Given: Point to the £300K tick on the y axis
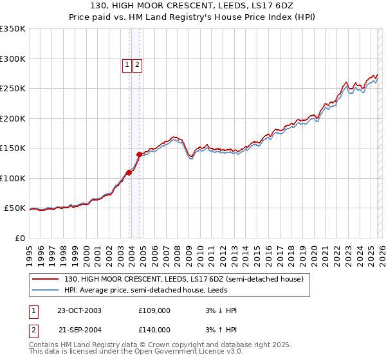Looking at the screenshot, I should pos(13,59).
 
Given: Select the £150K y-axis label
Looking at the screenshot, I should pos(13,148).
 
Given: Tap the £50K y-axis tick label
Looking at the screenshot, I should pos(15,208).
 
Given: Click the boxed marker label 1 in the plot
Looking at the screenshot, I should pos(127,64).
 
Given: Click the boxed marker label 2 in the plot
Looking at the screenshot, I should pos(138,64).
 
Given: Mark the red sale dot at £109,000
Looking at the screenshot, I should pos(129,172).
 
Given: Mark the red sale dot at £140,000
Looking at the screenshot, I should pos(139,154).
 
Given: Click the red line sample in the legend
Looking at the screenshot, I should pos(46,279).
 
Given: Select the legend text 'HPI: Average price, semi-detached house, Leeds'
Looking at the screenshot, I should pos(147,290).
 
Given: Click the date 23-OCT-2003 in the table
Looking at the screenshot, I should pos(79,310).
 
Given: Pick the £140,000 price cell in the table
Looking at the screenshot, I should pos(154,330).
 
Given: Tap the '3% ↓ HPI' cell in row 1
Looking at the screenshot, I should pos(221,310).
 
